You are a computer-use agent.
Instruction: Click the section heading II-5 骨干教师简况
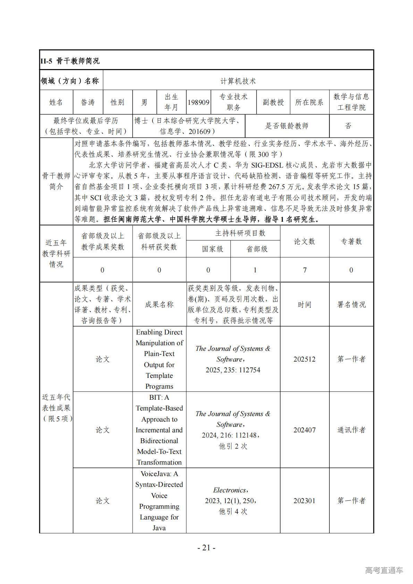pyautogui.click(x=70, y=61)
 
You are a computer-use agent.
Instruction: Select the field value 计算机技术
pyautogui.click(x=238, y=81)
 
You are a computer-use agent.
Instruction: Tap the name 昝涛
pyautogui.click(x=88, y=102)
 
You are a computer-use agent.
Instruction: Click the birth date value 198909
pyautogui.click(x=199, y=102)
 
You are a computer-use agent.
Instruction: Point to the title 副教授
pyautogui.click(x=273, y=102)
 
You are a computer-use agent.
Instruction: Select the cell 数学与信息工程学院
pyautogui.click(x=351, y=102)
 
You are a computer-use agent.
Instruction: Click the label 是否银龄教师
pyautogui.click(x=287, y=126)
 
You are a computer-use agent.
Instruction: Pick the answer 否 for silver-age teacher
pyautogui.click(x=348, y=126)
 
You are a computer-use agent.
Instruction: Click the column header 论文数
pyautogui.click(x=304, y=242)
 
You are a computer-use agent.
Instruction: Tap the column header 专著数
pyautogui.click(x=351, y=242)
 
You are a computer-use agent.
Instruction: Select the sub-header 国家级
pyautogui.click(x=208, y=249)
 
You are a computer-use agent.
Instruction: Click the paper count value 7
pyautogui.click(x=305, y=270)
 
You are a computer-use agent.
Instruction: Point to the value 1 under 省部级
pyautogui.click(x=255, y=270)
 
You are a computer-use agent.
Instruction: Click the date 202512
pyautogui.click(x=304, y=359)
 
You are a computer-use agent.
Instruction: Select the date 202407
pyautogui.click(x=304, y=430)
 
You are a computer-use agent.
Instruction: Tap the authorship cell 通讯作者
pyautogui.click(x=351, y=430)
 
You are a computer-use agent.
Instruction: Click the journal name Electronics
pyautogui.click(x=230, y=490)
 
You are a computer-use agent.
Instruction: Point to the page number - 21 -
pyautogui.click(x=206, y=548)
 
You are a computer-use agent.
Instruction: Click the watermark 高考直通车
pyautogui.click(x=384, y=570)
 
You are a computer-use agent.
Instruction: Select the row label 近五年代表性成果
pyautogui.click(x=56, y=408)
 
